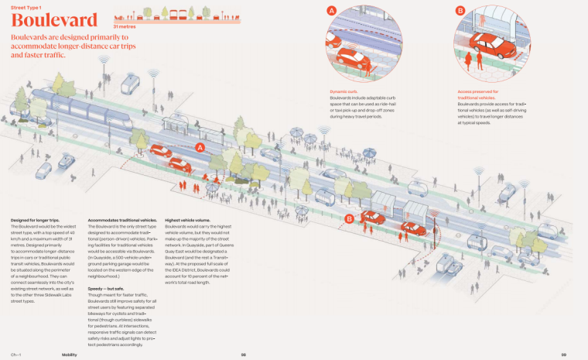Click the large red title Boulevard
point(54,20)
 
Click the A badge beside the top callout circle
point(332,11)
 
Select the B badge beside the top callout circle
point(460,11)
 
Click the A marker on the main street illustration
point(200,146)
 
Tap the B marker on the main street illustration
point(349,219)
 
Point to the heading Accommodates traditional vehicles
point(122,221)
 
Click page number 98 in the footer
point(243,354)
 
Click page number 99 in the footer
point(564,354)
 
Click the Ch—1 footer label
point(15,354)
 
